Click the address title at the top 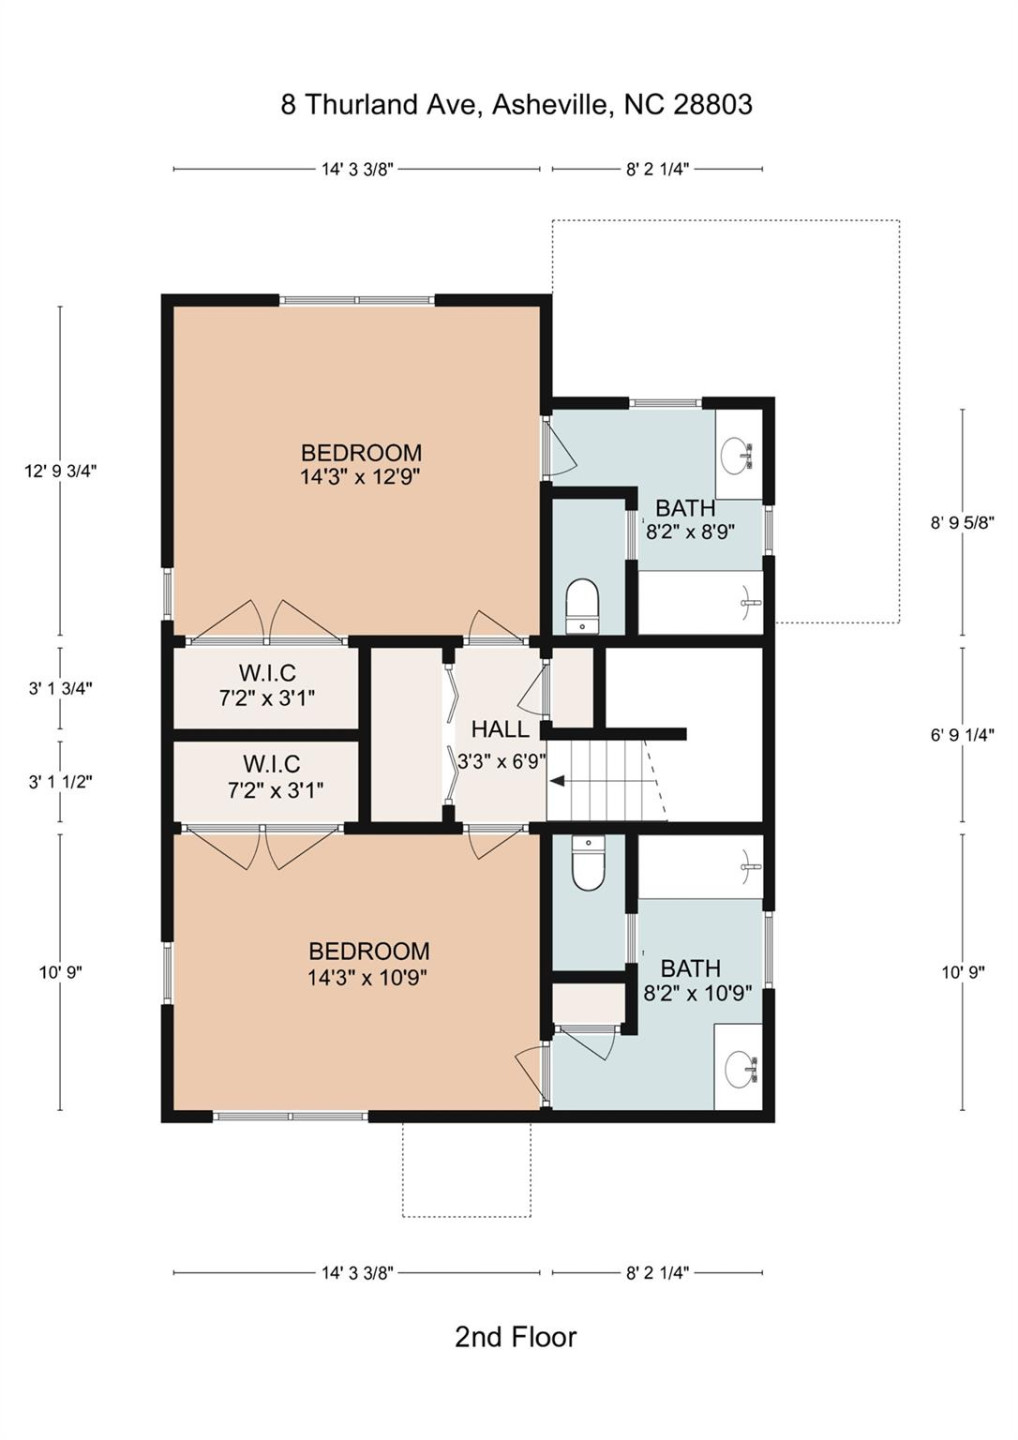click(516, 104)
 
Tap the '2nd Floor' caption click(515, 1337)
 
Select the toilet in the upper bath click(581, 605)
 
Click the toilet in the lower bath click(588, 863)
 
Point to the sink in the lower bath click(739, 1069)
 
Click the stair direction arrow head click(555, 781)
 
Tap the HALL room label click(500, 729)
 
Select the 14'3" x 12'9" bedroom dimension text click(360, 477)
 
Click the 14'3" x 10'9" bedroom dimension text click(367, 977)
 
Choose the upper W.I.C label click(267, 673)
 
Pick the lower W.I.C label click(271, 764)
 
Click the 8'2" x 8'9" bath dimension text click(690, 532)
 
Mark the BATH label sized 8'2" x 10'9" click(690, 968)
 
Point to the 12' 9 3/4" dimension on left click(60, 471)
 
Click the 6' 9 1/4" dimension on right click(962, 735)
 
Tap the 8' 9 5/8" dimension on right click(962, 522)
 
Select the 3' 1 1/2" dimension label click(60, 782)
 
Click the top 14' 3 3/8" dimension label click(357, 169)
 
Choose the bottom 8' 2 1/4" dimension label click(657, 1273)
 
